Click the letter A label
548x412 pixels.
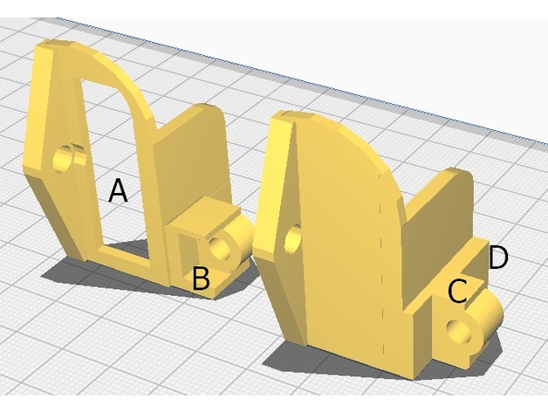pyautogui.click(x=118, y=190)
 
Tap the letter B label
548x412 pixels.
pyautogui.click(x=201, y=278)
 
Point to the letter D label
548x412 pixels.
pyautogui.click(x=498, y=257)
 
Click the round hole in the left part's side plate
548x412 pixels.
pyautogui.click(x=64, y=160)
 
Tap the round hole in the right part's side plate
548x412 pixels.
pyautogui.click(x=293, y=239)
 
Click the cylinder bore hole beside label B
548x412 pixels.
pyautogui.click(x=220, y=248)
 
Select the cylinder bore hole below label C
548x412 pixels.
pyautogui.click(x=459, y=331)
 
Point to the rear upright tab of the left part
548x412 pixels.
pyautogui.click(x=192, y=161)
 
